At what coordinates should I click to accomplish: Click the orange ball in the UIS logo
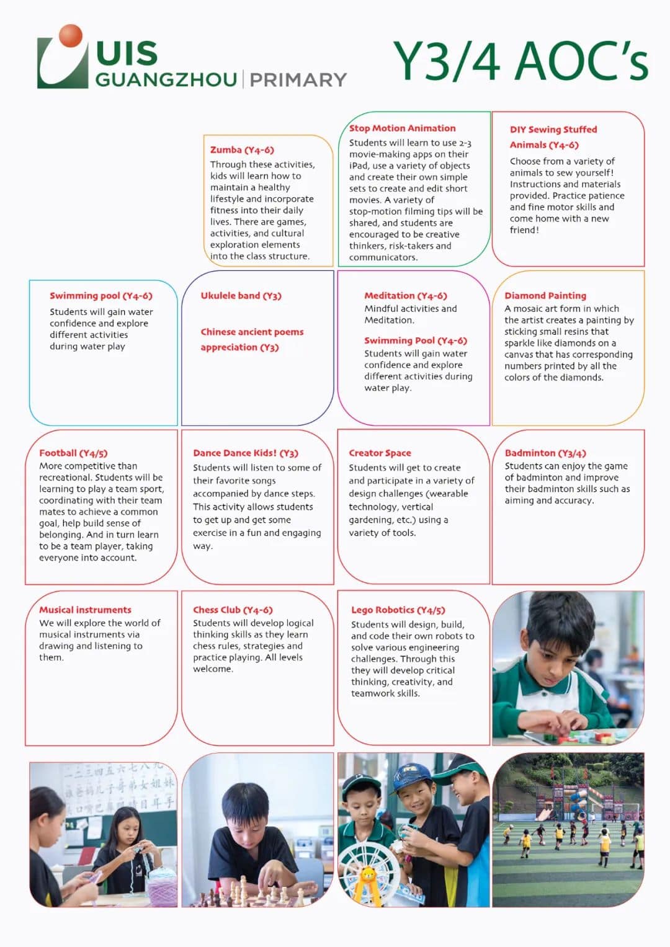(x=71, y=36)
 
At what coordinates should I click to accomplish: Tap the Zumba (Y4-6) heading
(x=242, y=150)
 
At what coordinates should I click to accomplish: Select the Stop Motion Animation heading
(x=402, y=128)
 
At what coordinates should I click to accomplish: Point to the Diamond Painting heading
(x=545, y=296)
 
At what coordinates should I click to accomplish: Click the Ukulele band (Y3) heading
(x=241, y=296)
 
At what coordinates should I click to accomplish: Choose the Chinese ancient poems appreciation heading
(x=251, y=339)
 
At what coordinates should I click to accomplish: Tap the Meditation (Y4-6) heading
(x=405, y=296)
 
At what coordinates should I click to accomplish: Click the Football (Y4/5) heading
(x=73, y=453)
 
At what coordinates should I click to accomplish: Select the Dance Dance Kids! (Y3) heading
(x=245, y=453)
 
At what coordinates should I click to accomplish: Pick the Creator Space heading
(x=380, y=453)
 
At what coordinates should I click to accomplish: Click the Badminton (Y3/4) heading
(x=545, y=453)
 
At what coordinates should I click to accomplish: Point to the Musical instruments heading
(x=85, y=610)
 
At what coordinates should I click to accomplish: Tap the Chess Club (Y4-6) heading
(x=233, y=610)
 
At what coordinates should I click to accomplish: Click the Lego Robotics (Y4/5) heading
(x=398, y=610)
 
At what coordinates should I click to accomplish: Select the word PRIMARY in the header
(x=298, y=80)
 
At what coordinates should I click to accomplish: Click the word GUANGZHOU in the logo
(x=166, y=80)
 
